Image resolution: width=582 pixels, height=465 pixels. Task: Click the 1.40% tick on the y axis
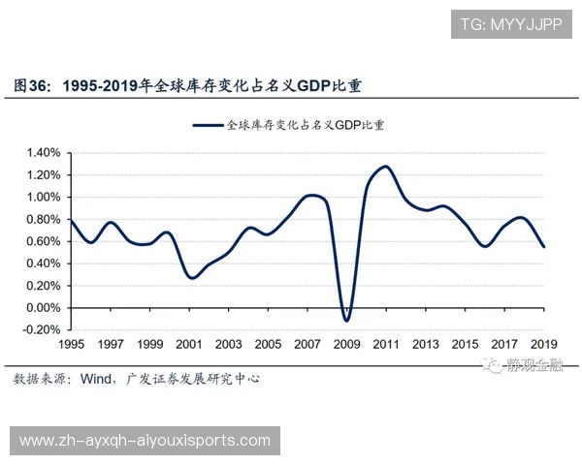[x=43, y=153]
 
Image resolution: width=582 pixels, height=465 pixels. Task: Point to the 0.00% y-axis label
[x=43, y=308]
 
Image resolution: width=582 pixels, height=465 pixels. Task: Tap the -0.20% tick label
[x=42, y=330]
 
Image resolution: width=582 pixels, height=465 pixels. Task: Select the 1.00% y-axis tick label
[x=43, y=198]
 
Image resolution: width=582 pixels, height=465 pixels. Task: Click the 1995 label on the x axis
[x=72, y=345]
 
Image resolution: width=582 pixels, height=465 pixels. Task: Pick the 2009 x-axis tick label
[x=346, y=345]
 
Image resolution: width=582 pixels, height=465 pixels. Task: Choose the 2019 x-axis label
[x=543, y=345]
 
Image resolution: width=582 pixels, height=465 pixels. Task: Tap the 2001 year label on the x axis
[x=189, y=345]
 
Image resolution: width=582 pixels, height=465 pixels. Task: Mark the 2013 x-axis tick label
[x=425, y=345]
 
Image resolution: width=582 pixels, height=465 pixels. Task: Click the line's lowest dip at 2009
[x=346, y=321]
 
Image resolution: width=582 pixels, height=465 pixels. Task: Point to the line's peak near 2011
[x=385, y=167]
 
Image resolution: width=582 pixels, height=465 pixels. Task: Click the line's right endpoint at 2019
[x=543, y=247]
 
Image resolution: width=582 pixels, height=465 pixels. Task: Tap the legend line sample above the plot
[x=208, y=125]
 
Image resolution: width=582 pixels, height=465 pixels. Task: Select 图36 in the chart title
[x=32, y=86]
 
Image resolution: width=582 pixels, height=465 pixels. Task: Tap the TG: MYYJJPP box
[x=511, y=23]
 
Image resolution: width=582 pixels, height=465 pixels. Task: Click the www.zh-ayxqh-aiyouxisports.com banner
[x=145, y=441]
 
